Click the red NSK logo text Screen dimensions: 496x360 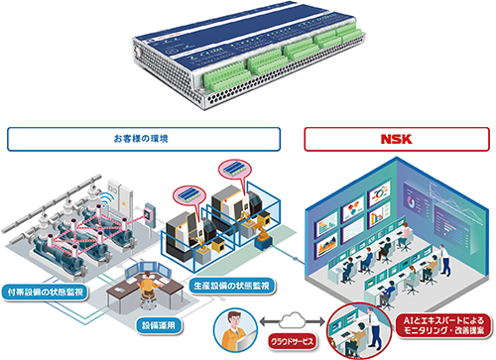(396, 139)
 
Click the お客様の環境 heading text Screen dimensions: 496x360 (141, 139)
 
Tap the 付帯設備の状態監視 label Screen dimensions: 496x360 (46, 293)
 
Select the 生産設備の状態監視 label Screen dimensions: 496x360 (232, 286)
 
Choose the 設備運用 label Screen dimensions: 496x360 (159, 325)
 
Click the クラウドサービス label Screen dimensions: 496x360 (292, 341)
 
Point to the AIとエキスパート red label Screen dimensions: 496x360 (443, 325)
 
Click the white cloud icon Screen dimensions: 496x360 (292, 320)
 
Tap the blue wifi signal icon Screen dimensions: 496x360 (107, 199)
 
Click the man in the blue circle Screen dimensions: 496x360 (235, 330)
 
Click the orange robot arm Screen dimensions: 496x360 (261, 230)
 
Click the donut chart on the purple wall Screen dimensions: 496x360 (411, 201)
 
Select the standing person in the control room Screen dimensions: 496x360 (443, 260)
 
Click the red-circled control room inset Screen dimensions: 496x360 (359, 331)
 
